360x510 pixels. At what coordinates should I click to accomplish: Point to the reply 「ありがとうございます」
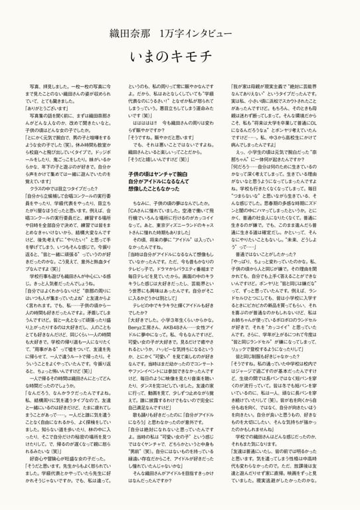(50, 108)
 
